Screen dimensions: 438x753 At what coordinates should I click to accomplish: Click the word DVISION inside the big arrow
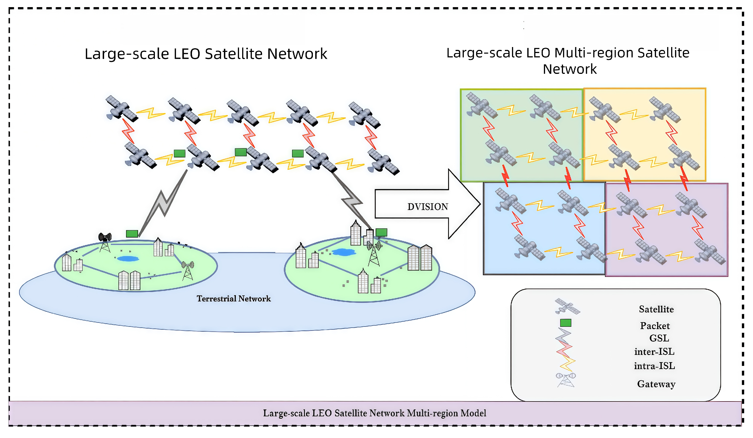click(x=428, y=207)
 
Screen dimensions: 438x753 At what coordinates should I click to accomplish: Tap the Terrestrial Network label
click(x=234, y=299)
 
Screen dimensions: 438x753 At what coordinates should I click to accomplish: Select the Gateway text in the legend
click(x=656, y=384)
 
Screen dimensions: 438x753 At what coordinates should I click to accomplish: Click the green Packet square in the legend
click(x=565, y=323)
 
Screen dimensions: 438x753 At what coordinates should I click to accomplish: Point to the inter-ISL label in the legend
click(x=654, y=352)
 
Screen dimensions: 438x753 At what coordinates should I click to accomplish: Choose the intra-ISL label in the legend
click(x=654, y=366)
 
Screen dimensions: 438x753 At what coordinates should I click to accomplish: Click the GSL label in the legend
click(x=659, y=338)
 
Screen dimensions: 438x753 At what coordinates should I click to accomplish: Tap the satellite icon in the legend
click(x=567, y=307)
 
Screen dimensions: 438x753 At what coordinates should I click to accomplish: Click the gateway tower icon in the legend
click(x=566, y=380)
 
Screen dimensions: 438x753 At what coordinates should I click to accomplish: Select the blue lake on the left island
click(x=128, y=259)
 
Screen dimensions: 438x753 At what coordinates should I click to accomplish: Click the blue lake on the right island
click(x=344, y=252)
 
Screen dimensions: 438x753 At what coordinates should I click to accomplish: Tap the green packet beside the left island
click(x=132, y=234)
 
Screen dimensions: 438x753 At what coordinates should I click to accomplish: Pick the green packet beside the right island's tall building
click(x=381, y=232)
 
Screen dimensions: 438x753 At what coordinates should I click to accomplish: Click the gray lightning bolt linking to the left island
click(x=163, y=203)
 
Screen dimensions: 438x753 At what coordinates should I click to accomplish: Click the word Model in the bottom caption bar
click(x=473, y=413)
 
